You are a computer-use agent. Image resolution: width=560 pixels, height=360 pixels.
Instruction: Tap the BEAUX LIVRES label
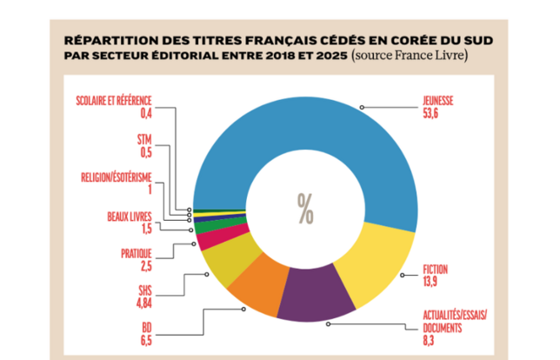(130, 216)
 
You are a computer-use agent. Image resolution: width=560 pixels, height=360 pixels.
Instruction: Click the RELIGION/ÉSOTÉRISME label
(115, 177)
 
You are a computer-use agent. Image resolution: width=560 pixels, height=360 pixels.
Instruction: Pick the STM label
(144, 139)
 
